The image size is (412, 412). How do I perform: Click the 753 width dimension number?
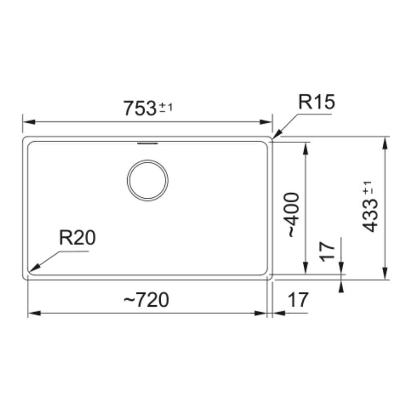click(140, 108)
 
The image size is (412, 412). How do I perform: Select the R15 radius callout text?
click(316, 102)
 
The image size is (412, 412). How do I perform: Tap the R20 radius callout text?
click(77, 238)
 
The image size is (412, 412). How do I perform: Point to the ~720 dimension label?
click(146, 300)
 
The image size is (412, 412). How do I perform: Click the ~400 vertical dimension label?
click(292, 215)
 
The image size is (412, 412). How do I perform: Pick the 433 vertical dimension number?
click(370, 215)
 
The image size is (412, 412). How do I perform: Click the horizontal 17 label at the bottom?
click(298, 300)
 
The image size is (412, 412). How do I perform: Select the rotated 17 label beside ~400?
click(327, 252)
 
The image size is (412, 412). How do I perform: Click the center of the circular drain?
click(147, 180)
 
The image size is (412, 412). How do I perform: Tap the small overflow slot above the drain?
click(147, 143)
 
